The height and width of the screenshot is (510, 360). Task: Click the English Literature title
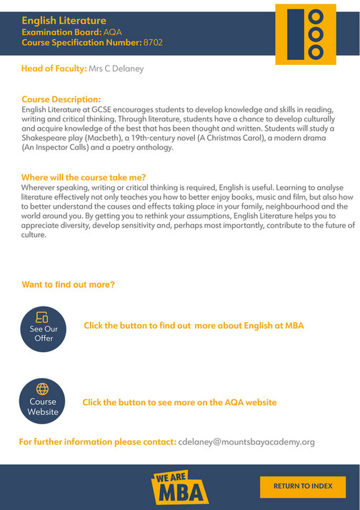[64, 21]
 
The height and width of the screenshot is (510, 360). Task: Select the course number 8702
[153, 43]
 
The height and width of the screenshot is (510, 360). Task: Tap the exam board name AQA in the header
[114, 32]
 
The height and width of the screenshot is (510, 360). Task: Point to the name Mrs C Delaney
[116, 69]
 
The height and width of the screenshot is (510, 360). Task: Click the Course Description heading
[61, 99]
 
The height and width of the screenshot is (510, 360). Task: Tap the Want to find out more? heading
[68, 285]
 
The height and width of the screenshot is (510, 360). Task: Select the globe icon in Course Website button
[43, 389]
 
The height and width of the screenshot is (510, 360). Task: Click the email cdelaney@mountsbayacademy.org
[246, 442]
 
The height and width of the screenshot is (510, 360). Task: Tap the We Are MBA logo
[180, 487]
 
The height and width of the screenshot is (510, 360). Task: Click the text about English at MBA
[194, 326]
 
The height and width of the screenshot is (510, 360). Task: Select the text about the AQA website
[179, 402]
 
